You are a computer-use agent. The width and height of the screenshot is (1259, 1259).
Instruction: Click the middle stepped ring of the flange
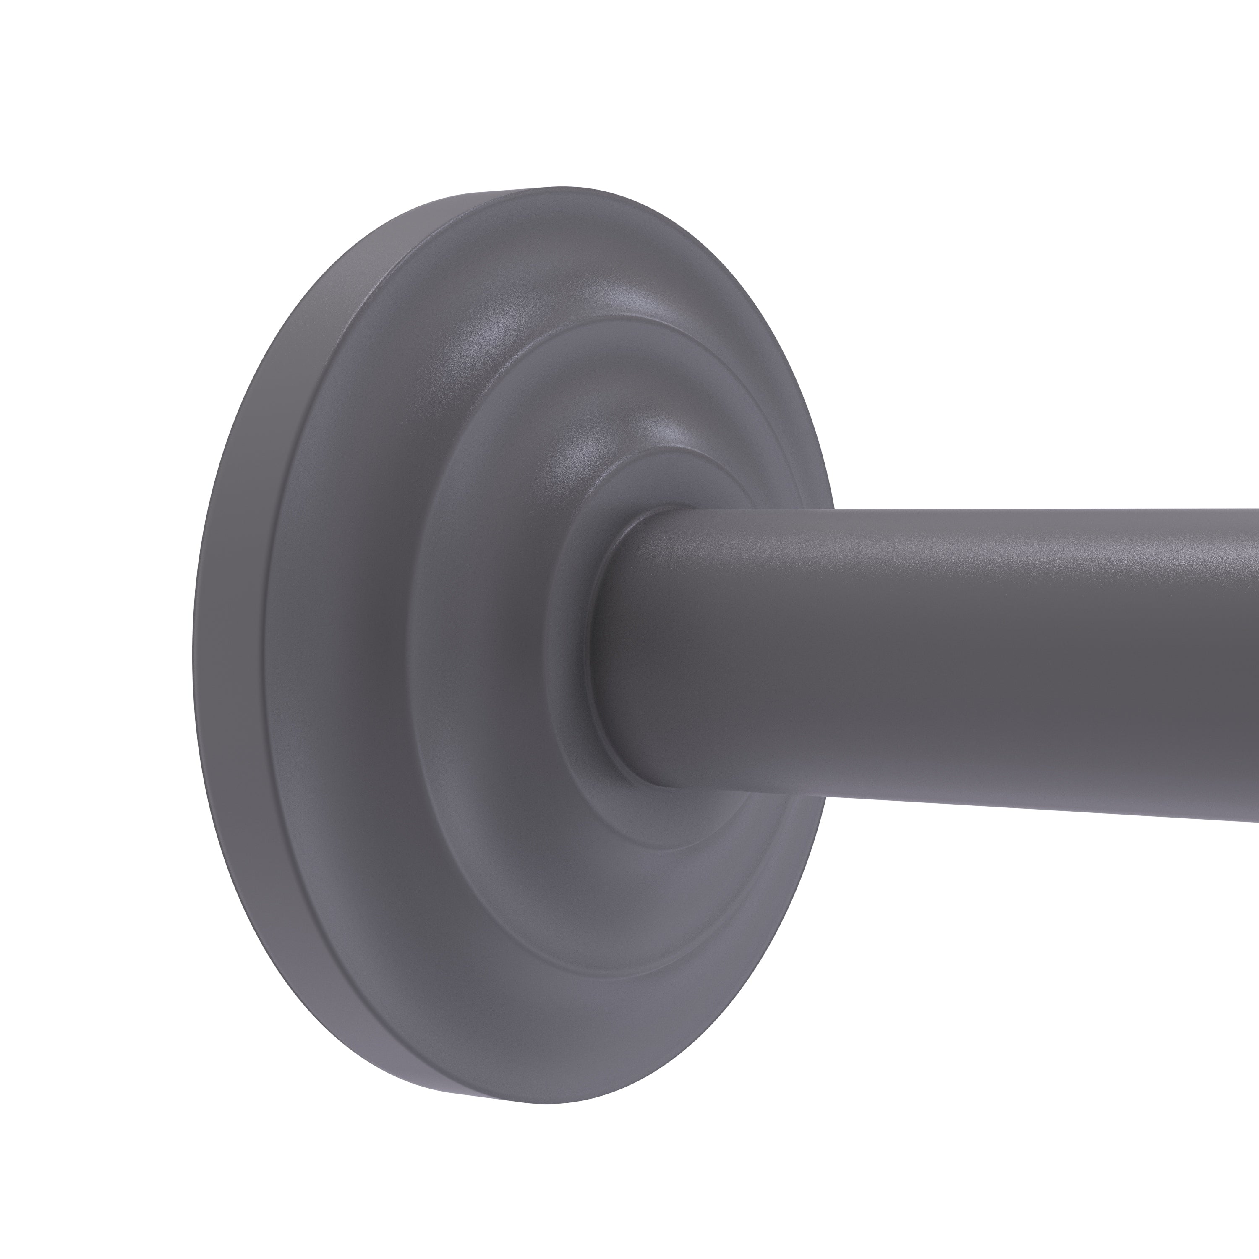[x=456, y=652]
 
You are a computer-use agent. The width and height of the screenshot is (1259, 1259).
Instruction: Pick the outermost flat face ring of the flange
[x=326, y=652]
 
